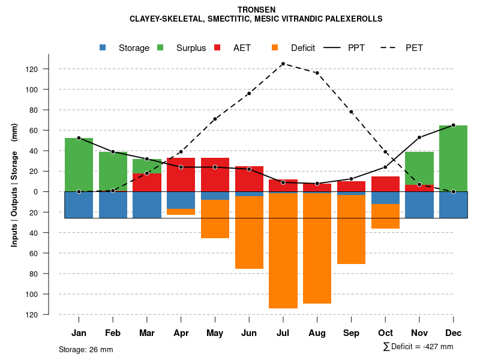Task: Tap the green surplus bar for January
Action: point(79,164)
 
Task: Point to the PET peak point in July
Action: point(283,64)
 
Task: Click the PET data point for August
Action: point(317,73)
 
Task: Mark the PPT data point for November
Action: point(419,137)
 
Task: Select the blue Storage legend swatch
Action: point(103,48)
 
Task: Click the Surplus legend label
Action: point(191,48)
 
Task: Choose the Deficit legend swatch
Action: point(275,48)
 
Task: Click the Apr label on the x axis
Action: point(181,333)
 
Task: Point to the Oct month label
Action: point(385,333)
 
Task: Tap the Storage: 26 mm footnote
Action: point(86,349)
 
